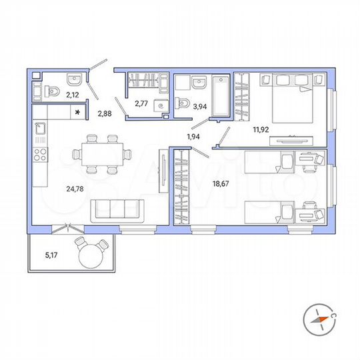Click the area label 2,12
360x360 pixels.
(x=72, y=95)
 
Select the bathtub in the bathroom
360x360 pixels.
(x=220, y=97)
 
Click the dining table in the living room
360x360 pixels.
(x=99, y=154)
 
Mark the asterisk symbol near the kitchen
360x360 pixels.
(x=79, y=113)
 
